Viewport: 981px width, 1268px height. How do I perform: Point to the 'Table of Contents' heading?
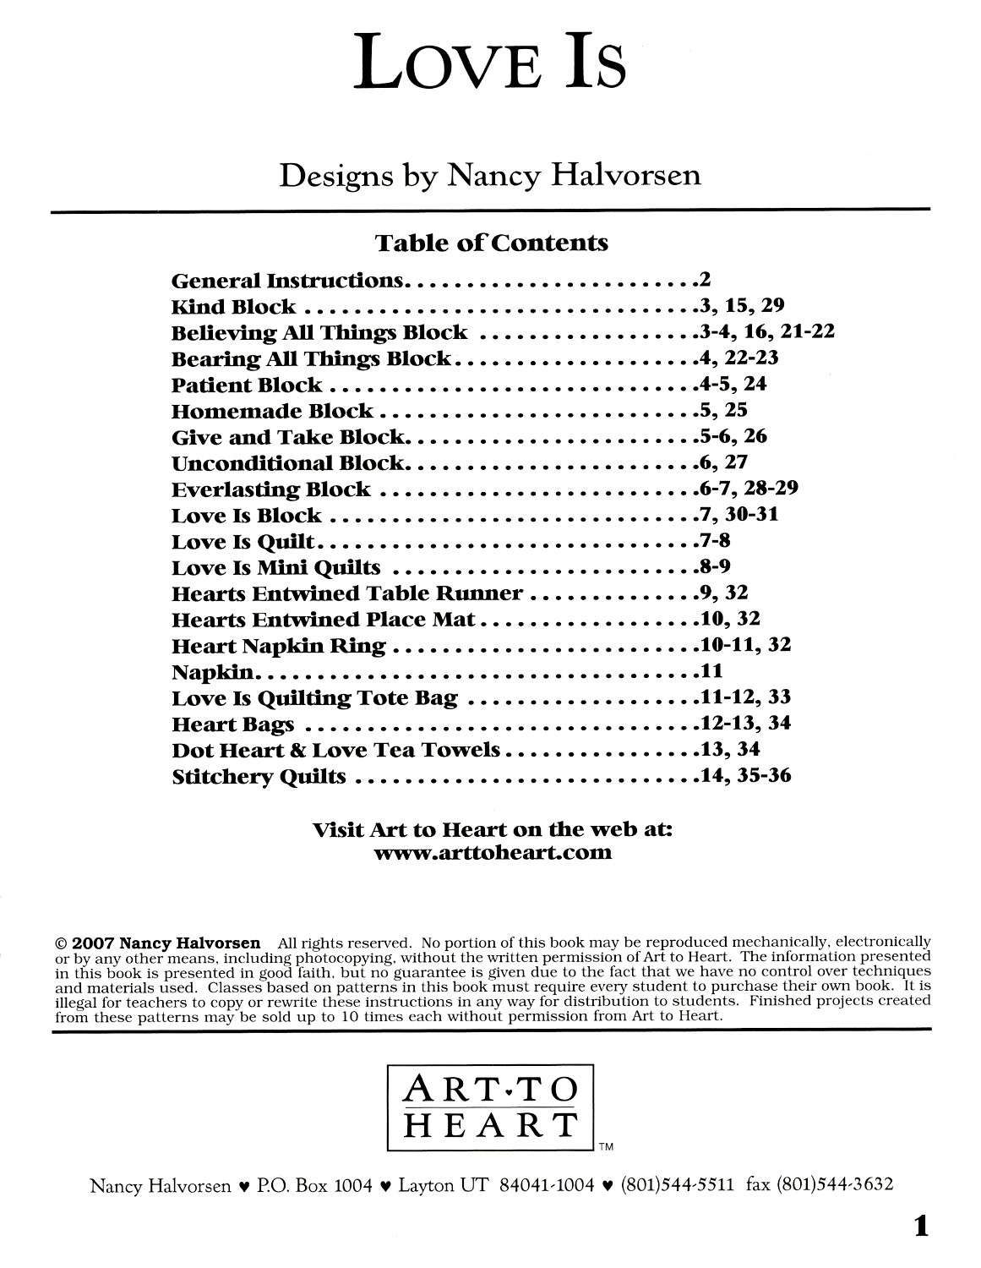pyautogui.click(x=491, y=243)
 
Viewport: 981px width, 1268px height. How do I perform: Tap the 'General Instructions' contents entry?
pyautogui.click(x=288, y=281)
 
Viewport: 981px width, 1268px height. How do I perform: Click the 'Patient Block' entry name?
pyautogui.click(x=247, y=385)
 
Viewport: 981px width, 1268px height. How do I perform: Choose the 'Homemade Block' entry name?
pyautogui.click(x=272, y=412)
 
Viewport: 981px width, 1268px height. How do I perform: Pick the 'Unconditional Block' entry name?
pyautogui.click(x=288, y=463)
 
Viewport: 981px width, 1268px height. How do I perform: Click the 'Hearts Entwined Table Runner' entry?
pyautogui.click(x=347, y=593)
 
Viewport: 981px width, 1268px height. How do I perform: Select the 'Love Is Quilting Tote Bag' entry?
pyautogui.click(x=314, y=698)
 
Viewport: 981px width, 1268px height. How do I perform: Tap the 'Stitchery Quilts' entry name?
pyautogui.click(x=259, y=776)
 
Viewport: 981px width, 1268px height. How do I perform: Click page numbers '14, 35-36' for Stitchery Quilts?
pyautogui.click(x=746, y=774)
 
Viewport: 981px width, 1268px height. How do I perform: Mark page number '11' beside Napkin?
pyautogui.click(x=710, y=671)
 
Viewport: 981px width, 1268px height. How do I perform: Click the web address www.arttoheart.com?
pyautogui.click(x=492, y=852)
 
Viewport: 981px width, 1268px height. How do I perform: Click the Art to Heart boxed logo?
pyautogui.click(x=490, y=1108)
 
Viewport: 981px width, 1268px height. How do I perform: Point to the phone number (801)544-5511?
pyautogui.click(x=677, y=1185)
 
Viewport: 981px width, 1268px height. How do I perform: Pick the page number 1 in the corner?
pyautogui.click(x=920, y=1226)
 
